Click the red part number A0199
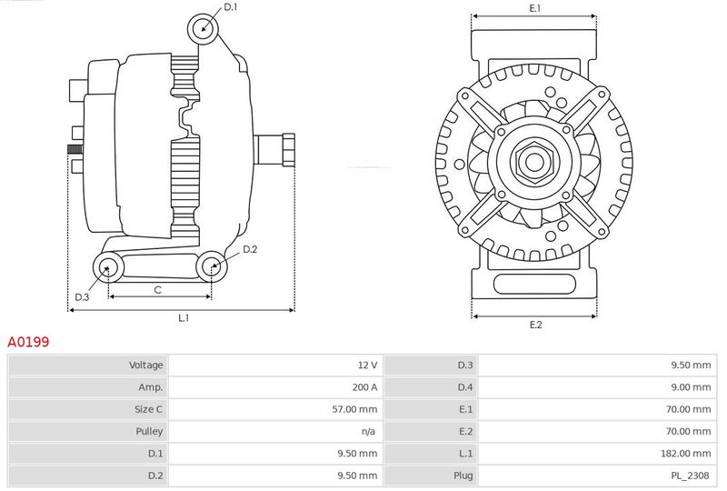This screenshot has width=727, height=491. tap(28, 343)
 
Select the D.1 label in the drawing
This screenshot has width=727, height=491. tap(230, 7)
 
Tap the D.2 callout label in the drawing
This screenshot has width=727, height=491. tap(250, 249)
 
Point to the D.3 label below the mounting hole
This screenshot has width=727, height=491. tap(82, 297)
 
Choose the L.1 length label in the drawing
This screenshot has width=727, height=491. tap(183, 318)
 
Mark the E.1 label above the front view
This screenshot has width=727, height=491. tap(534, 8)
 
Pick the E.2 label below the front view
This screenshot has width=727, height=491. tap(535, 325)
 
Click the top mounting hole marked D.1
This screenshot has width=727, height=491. tap(204, 28)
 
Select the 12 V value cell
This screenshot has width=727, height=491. tap(367, 366)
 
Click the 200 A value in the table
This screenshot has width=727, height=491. tap(364, 387)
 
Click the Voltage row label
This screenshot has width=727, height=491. tap(145, 366)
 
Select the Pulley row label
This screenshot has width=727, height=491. tap(150, 431)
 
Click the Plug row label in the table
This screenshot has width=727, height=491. tap(463, 475)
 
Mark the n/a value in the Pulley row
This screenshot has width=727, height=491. tap(369, 431)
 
